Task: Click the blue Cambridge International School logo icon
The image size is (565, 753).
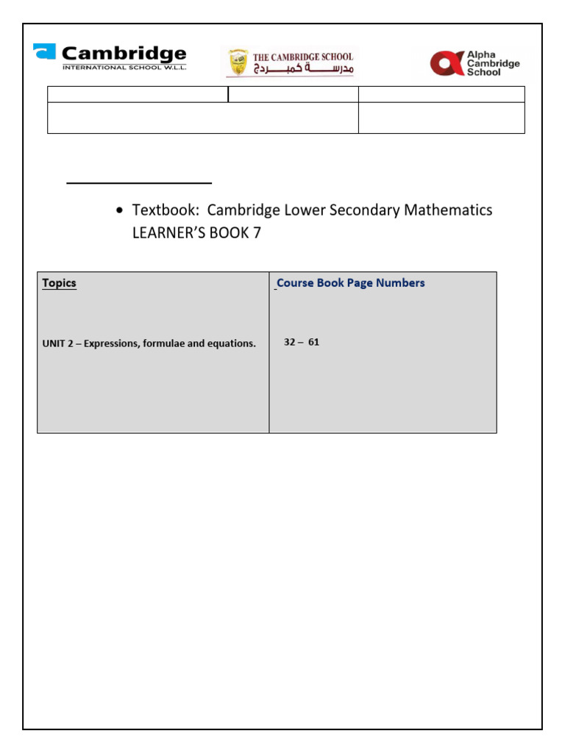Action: click(44, 52)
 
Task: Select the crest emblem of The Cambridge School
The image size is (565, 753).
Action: click(238, 63)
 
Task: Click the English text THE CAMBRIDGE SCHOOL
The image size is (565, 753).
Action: click(303, 57)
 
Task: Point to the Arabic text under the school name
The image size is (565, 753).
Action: click(303, 69)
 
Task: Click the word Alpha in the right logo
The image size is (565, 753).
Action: click(483, 54)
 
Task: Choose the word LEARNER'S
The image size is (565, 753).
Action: click(168, 234)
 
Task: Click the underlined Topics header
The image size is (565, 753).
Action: click(59, 283)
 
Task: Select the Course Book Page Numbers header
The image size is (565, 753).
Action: click(351, 283)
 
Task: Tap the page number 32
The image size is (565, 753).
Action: click(291, 343)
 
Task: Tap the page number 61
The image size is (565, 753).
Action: click(313, 343)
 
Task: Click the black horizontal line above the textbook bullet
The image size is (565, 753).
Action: click(139, 182)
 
